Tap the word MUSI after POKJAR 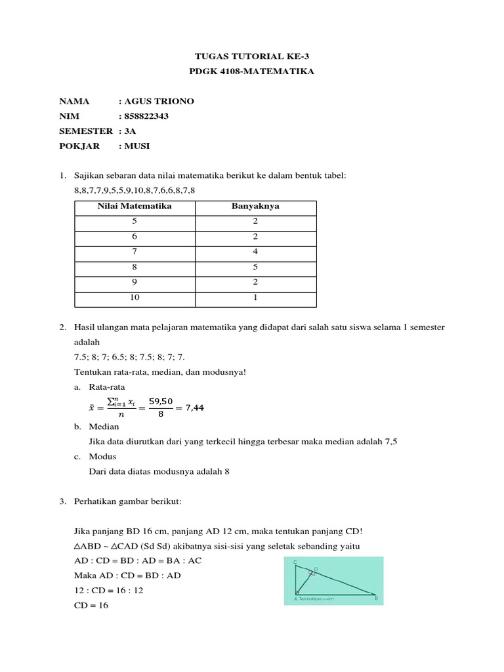pyautogui.click(x=138, y=146)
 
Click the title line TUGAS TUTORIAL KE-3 pyautogui.click(x=252, y=56)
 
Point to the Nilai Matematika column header pyautogui.click(x=135, y=206)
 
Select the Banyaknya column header pyautogui.click(x=255, y=206)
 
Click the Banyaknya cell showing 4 pyautogui.click(x=255, y=251)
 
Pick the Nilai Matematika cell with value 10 pyautogui.click(x=135, y=297)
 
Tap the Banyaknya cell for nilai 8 pyautogui.click(x=255, y=267)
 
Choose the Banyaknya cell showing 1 pyautogui.click(x=255, y=297)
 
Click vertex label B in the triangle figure pyautogui.click(x=376, y=598)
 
